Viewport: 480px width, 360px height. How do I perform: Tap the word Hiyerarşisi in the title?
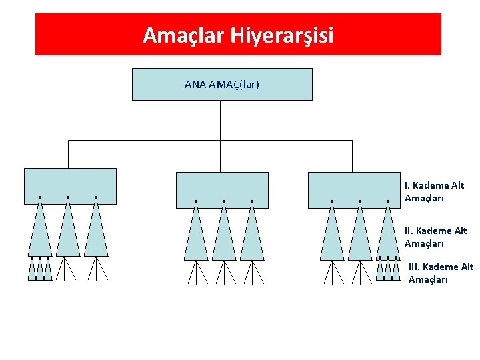(x=283, y=35)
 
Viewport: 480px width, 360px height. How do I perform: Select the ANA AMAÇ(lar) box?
(x=222, y=85)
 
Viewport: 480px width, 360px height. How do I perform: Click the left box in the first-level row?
(x=70, y=185)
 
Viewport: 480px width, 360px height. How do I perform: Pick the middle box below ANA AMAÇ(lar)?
(x=222, y=190)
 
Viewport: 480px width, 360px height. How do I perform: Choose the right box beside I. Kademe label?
(x=354, y=190)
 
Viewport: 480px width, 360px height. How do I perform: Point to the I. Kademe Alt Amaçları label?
(x=434, y=192)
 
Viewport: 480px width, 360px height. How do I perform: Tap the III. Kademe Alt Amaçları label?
(x=441, y=273)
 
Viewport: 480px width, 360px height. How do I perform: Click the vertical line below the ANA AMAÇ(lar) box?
(x=220, y=120)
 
